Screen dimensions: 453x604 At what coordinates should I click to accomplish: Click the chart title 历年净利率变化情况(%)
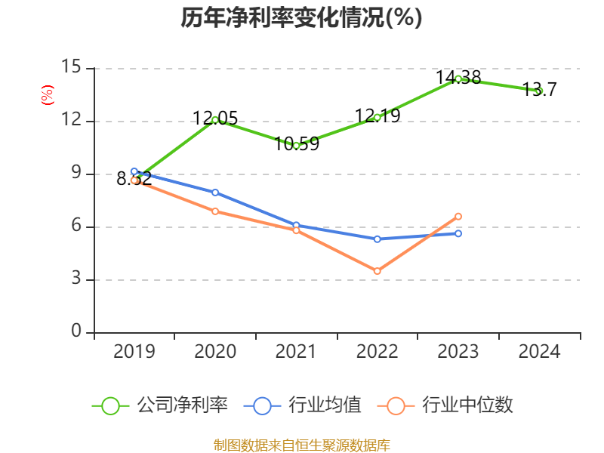click(301, 17)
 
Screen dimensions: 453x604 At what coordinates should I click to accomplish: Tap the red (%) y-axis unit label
click(48, 95)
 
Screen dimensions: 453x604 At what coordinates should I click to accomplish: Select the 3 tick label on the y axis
click(76, 279)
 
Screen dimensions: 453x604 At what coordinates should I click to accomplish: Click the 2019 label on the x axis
click(134, 351)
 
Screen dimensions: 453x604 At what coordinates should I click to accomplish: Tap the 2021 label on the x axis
click(296, 351)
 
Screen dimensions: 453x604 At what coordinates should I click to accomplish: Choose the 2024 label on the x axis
click(539, 351)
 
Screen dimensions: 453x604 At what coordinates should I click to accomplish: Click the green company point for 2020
click(215, 120)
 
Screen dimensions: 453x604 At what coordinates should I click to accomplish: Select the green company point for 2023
click(458, 79)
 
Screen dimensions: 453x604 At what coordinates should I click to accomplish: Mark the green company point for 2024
click(539, 91)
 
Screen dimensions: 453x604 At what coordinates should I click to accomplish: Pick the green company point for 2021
click(296, 145)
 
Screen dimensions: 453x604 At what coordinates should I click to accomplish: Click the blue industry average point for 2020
click(215, 193)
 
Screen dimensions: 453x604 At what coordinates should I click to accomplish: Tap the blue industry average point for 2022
click(377, 239)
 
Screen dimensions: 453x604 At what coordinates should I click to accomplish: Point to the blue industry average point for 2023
click(458, 233)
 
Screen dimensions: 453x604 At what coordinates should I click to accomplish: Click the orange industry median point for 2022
click(377, 271)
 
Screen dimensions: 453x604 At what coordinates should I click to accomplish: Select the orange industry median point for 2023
click(458, 217)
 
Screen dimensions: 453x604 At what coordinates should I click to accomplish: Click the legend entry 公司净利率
click(160, 405)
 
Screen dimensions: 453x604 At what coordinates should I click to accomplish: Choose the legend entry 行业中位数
click(450, 405)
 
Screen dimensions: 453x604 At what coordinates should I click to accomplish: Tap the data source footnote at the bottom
click(301, 445)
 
